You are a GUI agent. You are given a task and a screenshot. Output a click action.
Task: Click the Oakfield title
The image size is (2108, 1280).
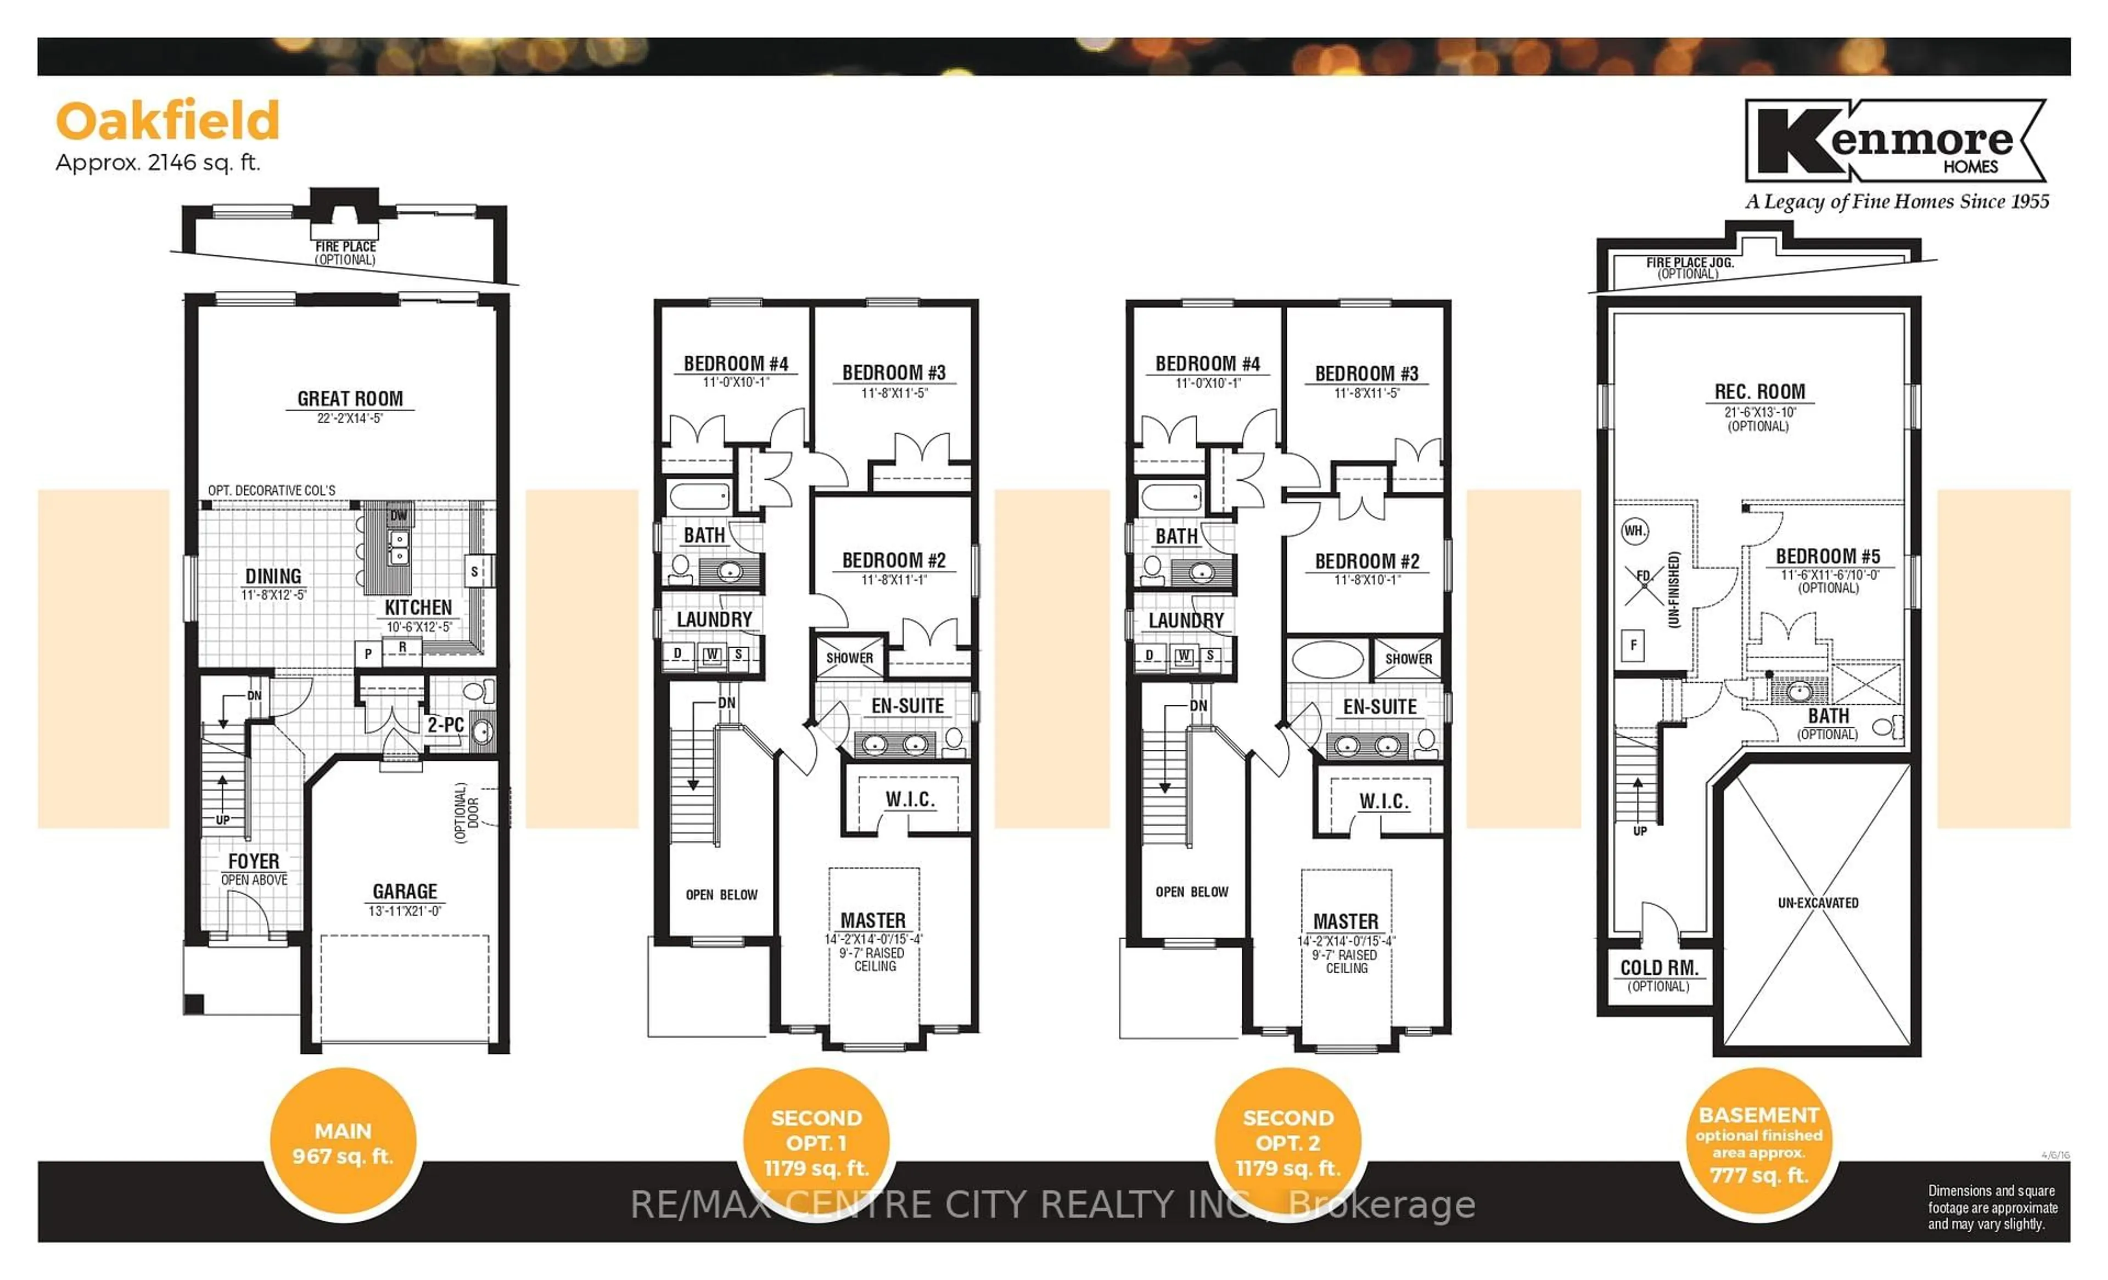(x=167, y=121)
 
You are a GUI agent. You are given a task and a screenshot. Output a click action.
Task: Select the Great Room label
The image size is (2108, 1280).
(x=350, y=398)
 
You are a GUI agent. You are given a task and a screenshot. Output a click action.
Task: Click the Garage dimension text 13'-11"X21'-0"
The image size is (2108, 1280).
(x=405, y=911)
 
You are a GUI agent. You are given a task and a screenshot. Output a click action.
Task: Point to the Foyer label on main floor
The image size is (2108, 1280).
(x=253, y=861)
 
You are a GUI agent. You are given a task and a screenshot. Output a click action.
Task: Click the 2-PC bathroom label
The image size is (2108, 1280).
(x=446, y=725)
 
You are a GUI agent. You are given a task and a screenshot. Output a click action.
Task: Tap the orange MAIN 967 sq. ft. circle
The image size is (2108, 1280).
(x=343, y=1143)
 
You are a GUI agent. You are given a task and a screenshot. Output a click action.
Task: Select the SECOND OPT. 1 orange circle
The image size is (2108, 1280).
(x=816, y=1143)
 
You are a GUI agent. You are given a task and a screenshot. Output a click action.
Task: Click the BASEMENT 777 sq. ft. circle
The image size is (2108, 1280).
(x=1759, y=1143)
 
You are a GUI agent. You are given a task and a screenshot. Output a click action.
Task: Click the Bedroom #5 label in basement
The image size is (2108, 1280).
(x=1827, y=556)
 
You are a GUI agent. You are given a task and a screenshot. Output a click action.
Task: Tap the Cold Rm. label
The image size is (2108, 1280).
(x=1659, y=968)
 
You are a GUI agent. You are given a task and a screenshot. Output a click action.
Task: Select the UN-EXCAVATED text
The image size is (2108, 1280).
(x=1818, y=903)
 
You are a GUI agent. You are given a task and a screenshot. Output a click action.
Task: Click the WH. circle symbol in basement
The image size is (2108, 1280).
(x=1635, y=530)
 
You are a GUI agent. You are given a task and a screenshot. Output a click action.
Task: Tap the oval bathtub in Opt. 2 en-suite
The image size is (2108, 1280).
(x=1328, y=660)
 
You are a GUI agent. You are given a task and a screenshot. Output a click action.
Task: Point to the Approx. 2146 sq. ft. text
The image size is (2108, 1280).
(x=158, y=162)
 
